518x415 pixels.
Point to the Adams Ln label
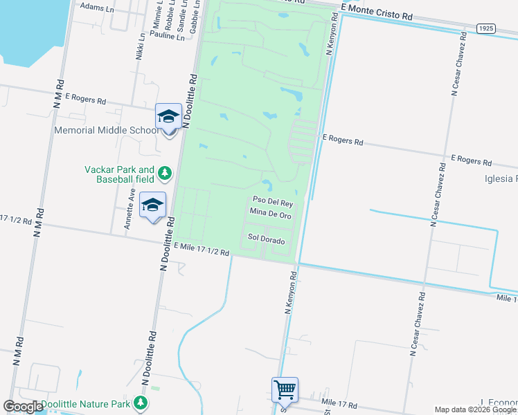pyautogui.click(x=96, y=7)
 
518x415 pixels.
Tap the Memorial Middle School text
pyautogui.click(x=107, y=130)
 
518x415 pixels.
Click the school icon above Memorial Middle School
pyautogui.click(x=168, y=117)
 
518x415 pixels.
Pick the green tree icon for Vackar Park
pyautogui.click(x=164, y=172)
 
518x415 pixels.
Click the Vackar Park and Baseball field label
pyautogui.click(x=119, y=174)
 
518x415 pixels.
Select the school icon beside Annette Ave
pyautogui.click(x=153, y=205)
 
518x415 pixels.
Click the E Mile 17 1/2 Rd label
pyautogui.click(x=202, y=250)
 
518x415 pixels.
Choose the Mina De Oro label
pyautogui.click(x=270, y=216)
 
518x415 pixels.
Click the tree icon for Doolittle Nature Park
pyautogui.click(x=141, y=403)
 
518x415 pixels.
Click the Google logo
pyautogui.click(x=23, y=407)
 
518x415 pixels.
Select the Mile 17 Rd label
pyautogui.click(x=338, y=403)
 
